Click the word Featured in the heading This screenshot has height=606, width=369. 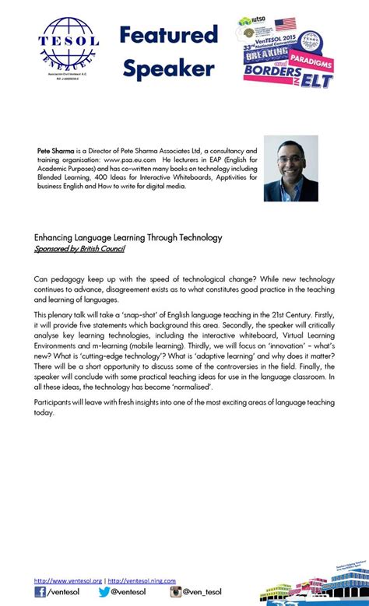(x=168, y=35)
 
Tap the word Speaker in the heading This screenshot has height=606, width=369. (x=168, y=69)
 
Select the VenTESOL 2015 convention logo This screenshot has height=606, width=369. (x=288, y=53)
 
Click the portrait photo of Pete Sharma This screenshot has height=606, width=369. (x=291, y=169)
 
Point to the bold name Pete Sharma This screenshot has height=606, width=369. (x=56, y=151)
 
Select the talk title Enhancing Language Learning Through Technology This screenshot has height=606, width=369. (x=128, y=237)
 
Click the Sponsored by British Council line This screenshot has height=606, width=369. (x=79, y=249)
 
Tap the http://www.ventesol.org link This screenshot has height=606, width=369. (x=68, y=580)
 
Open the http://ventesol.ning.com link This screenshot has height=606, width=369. (x=142, y=580)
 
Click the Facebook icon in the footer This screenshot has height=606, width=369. (x=40, y=593)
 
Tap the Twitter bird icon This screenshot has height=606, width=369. (x=104, y=593)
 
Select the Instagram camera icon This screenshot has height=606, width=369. (x=176, y=593)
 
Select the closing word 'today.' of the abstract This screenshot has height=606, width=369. (x=44, y=413)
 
